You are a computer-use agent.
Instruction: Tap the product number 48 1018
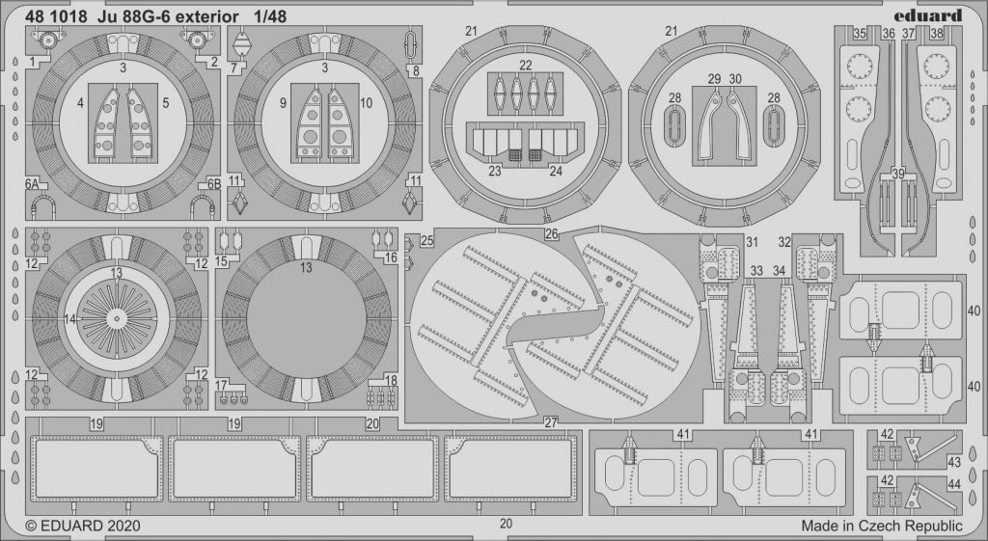click(55, 16)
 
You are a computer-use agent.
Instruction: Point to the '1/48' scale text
click(270, 16)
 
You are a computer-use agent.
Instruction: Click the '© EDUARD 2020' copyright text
click(83, 526)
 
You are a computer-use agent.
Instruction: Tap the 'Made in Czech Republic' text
click(882, 526)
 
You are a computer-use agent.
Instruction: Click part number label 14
click(69, 319)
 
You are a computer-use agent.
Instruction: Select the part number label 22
click(526, 66)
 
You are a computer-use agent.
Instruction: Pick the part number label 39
click(898, 175)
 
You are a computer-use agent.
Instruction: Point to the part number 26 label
click(552, 234)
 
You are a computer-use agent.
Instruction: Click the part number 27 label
click(551, 422)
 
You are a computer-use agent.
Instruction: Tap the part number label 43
click(954, 462)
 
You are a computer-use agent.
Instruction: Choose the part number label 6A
click(33, 184)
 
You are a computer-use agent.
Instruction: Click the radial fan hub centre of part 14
click(116, 319)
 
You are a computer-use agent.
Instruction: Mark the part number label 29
click(714, 79)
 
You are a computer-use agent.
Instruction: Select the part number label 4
click(81, 102)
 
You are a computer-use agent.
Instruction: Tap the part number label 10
click(366, 102)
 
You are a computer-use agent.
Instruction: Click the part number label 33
click(756, 271)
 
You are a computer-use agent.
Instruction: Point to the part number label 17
click(221, 385)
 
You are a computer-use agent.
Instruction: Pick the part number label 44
click(954, 484)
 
